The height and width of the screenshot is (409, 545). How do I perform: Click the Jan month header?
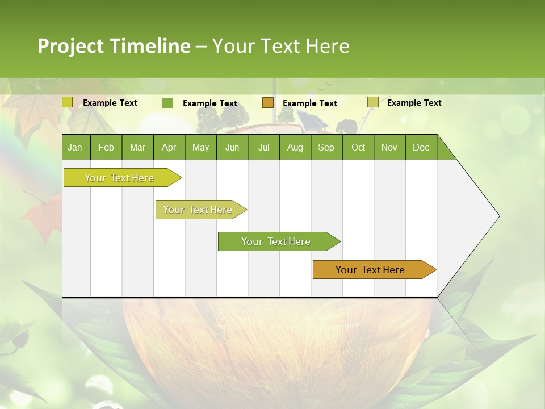75,147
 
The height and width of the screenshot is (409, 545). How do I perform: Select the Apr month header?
169,147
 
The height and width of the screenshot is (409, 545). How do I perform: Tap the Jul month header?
263,147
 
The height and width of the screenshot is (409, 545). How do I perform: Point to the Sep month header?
326,147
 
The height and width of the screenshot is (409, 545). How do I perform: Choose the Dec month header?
421,147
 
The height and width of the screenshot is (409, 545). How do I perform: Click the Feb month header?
106,147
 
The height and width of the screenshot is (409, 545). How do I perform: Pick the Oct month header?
358,147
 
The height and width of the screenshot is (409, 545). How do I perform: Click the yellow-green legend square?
68,102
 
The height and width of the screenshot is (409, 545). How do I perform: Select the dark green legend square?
167,103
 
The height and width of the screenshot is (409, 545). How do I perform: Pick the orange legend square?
268,103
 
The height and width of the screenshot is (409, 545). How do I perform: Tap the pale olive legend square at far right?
372,102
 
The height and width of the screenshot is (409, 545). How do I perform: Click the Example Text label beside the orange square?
309,103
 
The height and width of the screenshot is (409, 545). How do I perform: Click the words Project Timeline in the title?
114,46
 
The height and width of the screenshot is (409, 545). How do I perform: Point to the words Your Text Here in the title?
280,46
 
